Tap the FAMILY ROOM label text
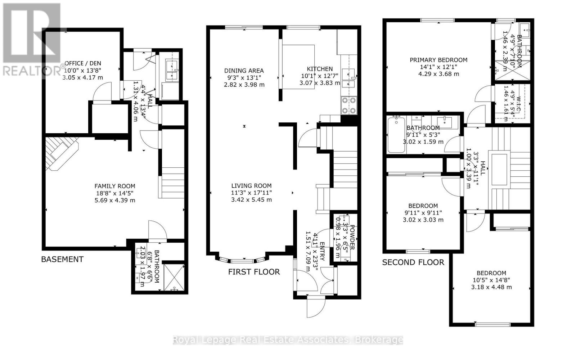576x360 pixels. [x=115, y=186]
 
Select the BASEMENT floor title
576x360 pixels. [x=62, y=259]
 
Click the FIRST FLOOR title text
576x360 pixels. [x=254, y=272]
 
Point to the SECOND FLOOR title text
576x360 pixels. [x=413, y=262]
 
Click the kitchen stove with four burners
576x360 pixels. [x=349, y=105]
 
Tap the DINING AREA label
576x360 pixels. [x=244, y=71]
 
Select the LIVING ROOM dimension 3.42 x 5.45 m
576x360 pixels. [x=251, y=199]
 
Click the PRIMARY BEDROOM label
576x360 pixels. [x=438, y=60]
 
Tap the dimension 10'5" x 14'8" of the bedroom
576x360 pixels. [x=491, y=280]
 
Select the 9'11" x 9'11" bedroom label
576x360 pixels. [x=423, y=213]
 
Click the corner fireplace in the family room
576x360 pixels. [x=61, y=153]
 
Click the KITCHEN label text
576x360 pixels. [x=320, y=69]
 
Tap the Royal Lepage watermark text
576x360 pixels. [x=288, y=340]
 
